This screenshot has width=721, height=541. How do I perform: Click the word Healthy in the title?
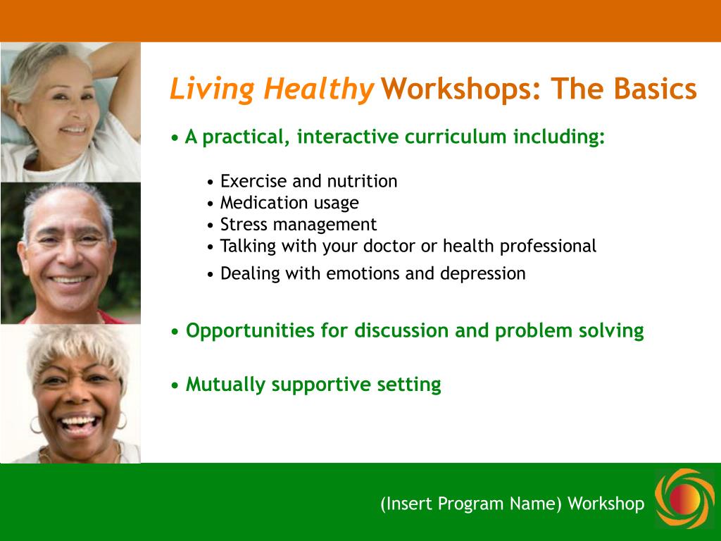318,89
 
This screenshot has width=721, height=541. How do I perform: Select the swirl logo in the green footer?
685,498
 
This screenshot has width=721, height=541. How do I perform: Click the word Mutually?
225,385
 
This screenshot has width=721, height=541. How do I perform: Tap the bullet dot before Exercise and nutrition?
211,182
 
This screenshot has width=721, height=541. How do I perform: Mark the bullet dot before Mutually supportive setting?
175,385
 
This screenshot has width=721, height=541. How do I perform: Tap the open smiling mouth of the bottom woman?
78,425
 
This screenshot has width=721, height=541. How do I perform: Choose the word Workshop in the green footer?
606,504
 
